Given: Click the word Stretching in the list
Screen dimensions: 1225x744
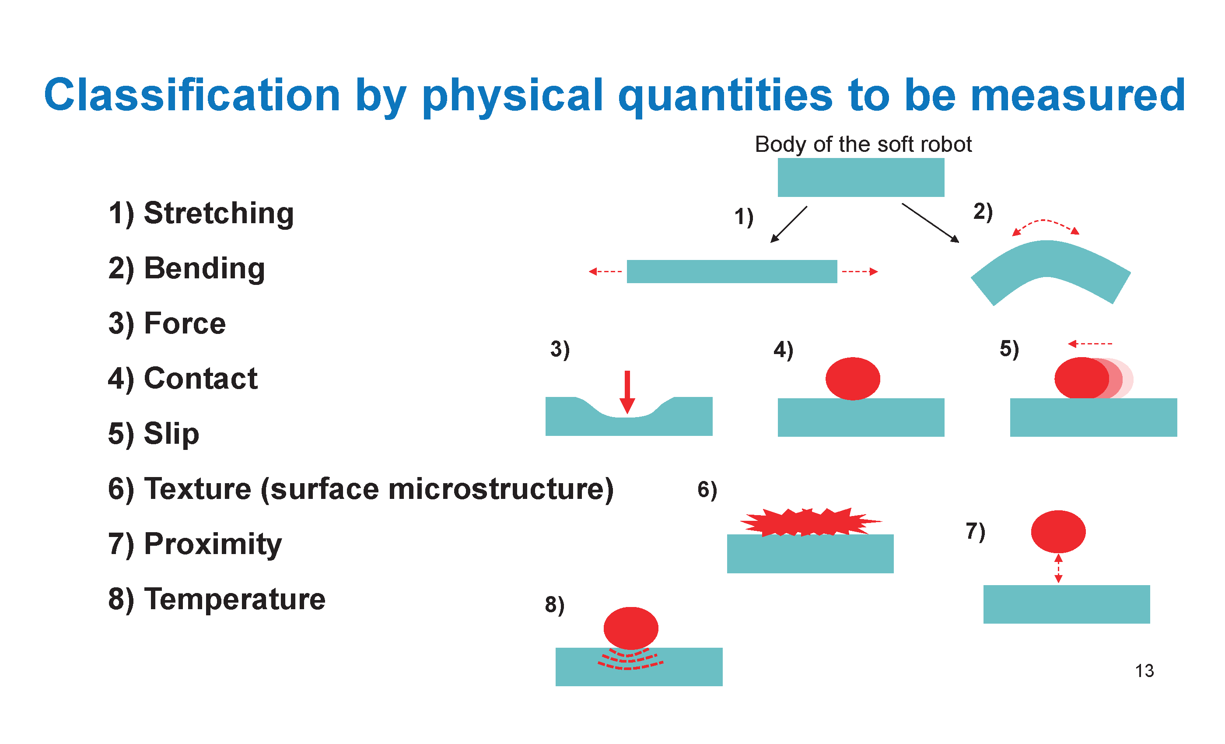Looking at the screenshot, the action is tap(219, 214).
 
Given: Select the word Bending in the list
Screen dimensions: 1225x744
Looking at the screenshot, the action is tap(204, 269).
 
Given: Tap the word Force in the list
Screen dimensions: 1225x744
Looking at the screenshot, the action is tap(185, 324).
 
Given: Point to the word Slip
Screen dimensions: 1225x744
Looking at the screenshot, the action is tap(171, 434).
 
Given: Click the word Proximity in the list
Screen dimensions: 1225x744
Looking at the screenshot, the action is tap(213, 544).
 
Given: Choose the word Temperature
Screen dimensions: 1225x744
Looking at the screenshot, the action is tap(234, 599).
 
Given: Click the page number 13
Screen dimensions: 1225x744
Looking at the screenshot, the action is tap(1144, 671).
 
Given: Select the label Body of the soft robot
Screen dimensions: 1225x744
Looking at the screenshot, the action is tap(863, 145).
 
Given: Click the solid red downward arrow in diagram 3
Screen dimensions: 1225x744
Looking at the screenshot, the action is tap(627, 392).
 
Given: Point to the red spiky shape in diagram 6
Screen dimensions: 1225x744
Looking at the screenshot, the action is tap(811, 522).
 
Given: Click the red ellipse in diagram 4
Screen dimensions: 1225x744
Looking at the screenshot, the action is tap(853, 379).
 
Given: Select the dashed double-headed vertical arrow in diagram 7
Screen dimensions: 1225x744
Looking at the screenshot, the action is tap(1058, 568).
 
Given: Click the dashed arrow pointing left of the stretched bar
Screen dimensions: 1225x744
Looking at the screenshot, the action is tap(605, 271).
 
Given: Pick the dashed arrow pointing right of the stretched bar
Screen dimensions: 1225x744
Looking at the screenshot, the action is tap(860, 271).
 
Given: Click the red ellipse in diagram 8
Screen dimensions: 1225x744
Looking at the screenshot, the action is tap(631, 628).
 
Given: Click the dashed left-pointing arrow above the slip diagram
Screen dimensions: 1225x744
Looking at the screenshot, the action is tap(1090, 344).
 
